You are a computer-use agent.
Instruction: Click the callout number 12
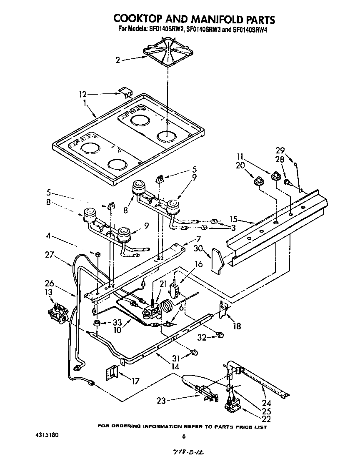pos(83,94)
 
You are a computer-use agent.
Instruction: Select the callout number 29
pos(280,150)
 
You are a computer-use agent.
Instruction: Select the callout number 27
pos(50,254)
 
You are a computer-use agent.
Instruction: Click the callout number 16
pos(198,264)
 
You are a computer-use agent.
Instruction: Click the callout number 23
pos(161,401)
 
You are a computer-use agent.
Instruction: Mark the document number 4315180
pos(47,435)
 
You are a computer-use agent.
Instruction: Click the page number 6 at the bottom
pos(183,436)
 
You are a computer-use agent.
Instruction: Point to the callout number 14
pos(175,367)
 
